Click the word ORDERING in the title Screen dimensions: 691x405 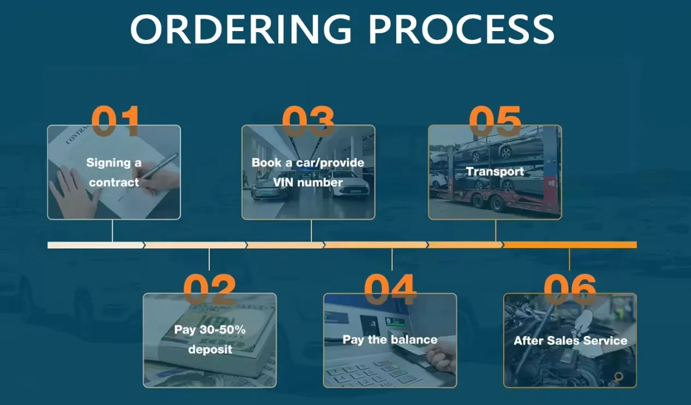pyautogui.click(x=241, y=29)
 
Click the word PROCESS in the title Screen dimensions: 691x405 pyautogui.click(x=462, y=29)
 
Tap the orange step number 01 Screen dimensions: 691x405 pyautogui.click(x=115, y=121)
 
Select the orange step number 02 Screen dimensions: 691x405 pyautogui.click(x=210, y=289)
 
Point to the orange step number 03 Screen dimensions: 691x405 pyautogui.click(x=308, y=121)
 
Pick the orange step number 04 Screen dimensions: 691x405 pyautogui.click(x=390, y=289)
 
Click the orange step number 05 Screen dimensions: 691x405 pyautogui.click(x=495, y=121)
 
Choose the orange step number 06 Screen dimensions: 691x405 pyautogui.click(x=570, y=289)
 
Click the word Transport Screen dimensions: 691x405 pyautogui.click(x=495, y=171)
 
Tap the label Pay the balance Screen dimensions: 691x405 pyautogui.click(x=390, y=340)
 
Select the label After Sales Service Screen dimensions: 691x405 pyautogui.click(x=570, y=341)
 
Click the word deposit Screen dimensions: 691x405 pyautogui.click(x=210, y=349)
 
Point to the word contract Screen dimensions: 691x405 pyautogui.click(x=114, y=182)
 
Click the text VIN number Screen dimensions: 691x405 pyautogui.click(x=308, y=182)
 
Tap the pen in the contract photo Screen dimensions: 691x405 pyautogui.click(x=160, y=166)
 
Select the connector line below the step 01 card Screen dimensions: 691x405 pyautogui.click(x=112, y=231)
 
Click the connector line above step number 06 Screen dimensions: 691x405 pyautogui.click(x=569, y=259)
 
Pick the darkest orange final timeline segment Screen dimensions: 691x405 pyautogui.click(x=570, y=245)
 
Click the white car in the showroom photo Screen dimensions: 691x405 pyautogui.click(x=350, y=184)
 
